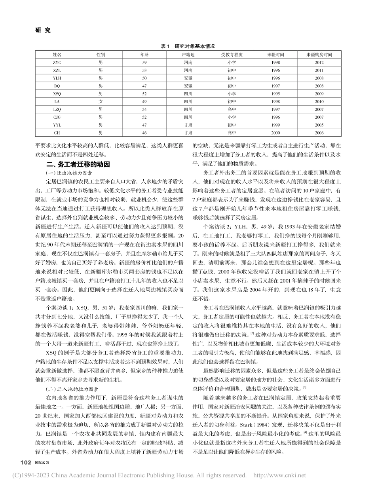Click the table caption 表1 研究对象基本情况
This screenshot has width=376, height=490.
point(188,46)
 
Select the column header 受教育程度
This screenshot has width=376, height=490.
point(232,54)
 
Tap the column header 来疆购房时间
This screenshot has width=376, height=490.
point(319,54)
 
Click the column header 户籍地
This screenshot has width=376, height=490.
point(188,54)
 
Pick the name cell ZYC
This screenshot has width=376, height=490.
point(57,63)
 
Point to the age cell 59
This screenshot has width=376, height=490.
point(144,63)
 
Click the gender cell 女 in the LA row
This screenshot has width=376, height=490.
point(101,102)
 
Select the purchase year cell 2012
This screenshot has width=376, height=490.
point(319,63)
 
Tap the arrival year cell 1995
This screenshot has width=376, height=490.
point(275,94)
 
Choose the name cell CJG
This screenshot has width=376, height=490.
point(57,117)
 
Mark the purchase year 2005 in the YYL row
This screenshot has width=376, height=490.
point(319,125)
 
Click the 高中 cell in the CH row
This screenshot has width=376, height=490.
point(232,133)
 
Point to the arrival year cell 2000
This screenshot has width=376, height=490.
point(275,133)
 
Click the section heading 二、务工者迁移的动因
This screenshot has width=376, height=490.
point(78,164)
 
